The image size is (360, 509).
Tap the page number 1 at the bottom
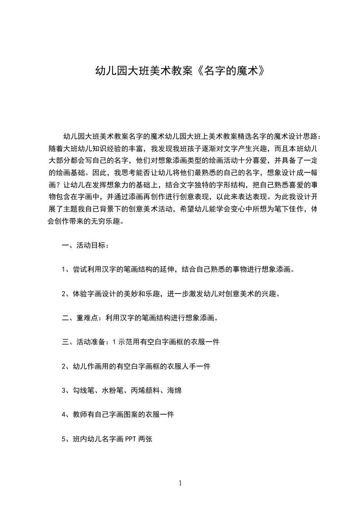(180, 483)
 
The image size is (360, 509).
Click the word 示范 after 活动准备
(128, 342)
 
